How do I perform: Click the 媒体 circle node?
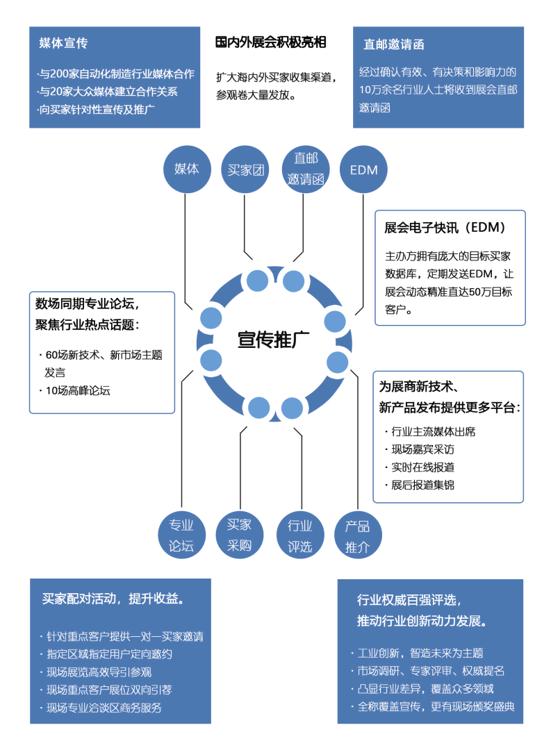(x=186, y=169)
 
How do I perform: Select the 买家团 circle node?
(x=246, y=169)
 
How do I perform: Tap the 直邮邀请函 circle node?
(x=305, y=169)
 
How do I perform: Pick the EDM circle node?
(x=363, y=169)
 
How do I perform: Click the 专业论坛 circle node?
(x=181, y=535)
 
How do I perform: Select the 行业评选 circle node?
(x=300, y=535)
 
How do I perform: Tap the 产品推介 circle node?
(x=358, y=535)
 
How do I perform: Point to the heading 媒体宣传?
(x=64, y=44)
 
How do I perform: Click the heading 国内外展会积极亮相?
(x=270, y=43)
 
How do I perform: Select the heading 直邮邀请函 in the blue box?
(x=394, y=44)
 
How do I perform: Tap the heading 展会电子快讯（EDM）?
(x=445, y=228)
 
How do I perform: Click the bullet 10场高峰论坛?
(x=78, y=390)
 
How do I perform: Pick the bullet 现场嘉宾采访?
(x=422, y=449)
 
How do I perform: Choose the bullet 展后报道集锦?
(x=422, y=485)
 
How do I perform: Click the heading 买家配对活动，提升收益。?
(x=117, y=599)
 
